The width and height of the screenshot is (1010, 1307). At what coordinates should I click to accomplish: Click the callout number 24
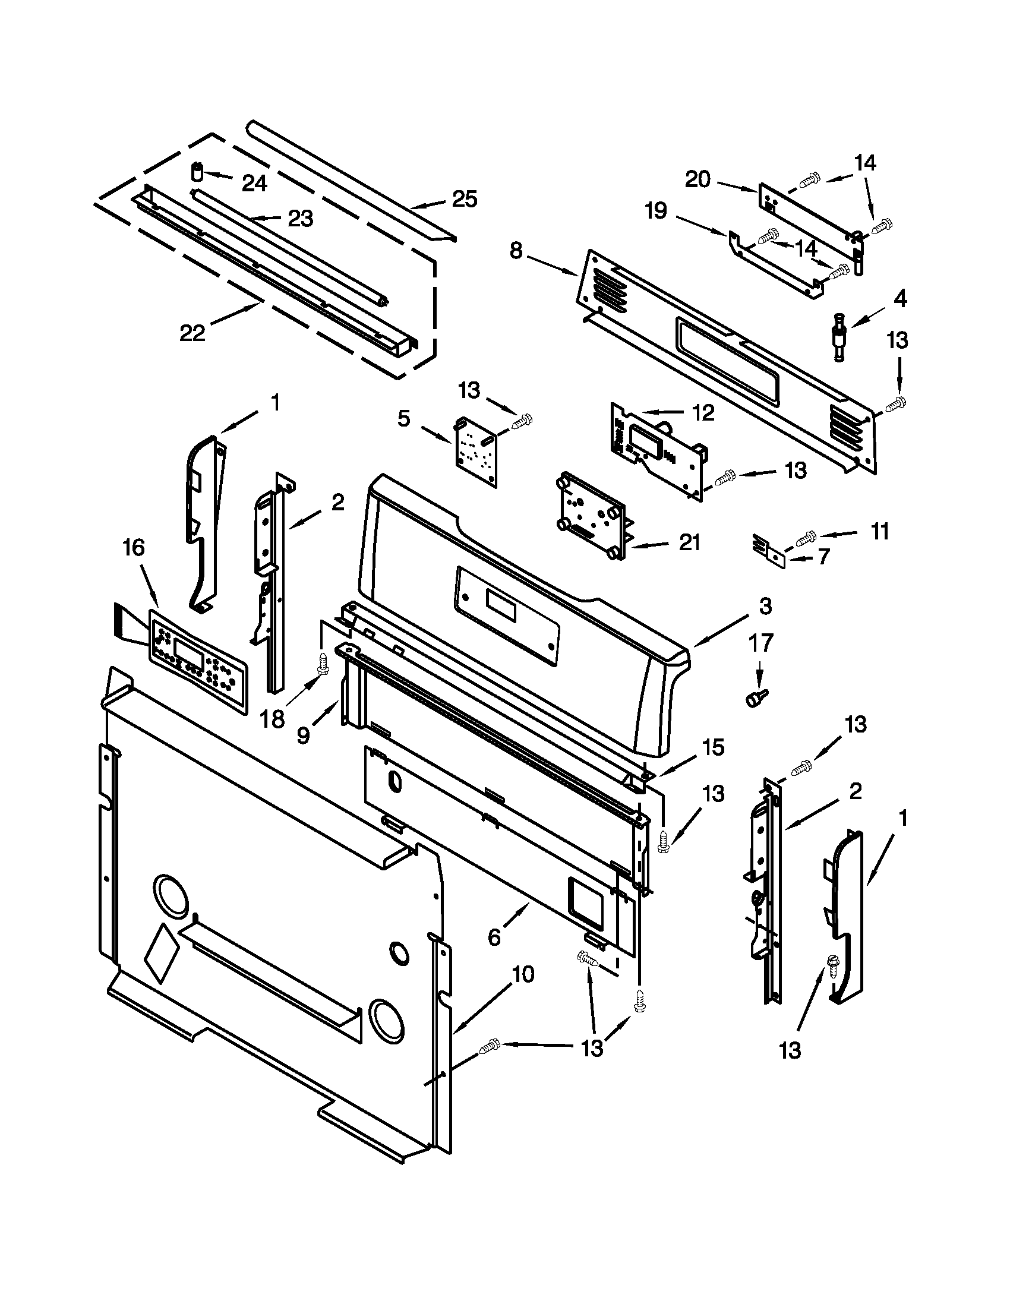pyautogui.click(x=254, y=183)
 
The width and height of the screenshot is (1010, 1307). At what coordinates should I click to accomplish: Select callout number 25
pyautogui.click(x=465, y=199)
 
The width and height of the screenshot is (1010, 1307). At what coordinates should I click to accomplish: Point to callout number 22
pyautogui.click(x=192, y=333)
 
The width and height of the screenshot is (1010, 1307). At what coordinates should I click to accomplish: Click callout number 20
pyautogui.click(x=697, y=179)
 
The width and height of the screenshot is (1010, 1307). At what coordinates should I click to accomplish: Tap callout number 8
pyautogui.click(x=516, y=251)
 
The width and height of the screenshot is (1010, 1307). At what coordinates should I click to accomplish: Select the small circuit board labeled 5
pyautogui.click(x=476, y=452)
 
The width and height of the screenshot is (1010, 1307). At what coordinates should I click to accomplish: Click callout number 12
pyautogui.click(x=703, y=412)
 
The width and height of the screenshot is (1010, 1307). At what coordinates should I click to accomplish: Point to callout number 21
pyautogui.click(x=689, y=542)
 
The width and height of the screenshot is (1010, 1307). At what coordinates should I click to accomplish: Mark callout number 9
pyautogui.click(x=304, y=735)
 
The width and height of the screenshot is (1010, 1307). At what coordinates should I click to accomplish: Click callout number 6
pyautogui.click(x=494, y=936)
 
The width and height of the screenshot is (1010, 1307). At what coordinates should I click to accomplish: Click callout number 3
pyautogui.click(x=766, y=606)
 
